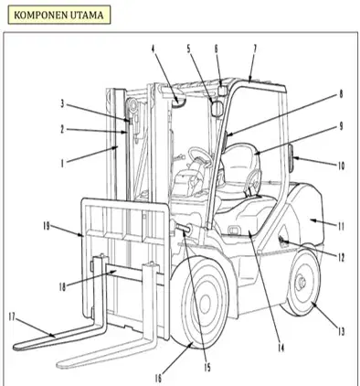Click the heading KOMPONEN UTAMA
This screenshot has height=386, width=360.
pyautogui.click(x=58, y=15)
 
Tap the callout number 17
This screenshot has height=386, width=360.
pyautogui.click(x=12, y=317)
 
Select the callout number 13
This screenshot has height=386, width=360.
pyautogui.click(x=341, y=331)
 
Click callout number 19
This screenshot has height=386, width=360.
pyautogui.click(x=46, y=227)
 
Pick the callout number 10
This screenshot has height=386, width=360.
pyautogui.click(x=341, y=166)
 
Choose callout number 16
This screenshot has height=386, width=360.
pyautogui.click(x=158, y=379)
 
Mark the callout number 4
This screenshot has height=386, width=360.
pyautogui.click(x=154, y=48)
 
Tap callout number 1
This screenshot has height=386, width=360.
pyautogui.click(x=62, y=164)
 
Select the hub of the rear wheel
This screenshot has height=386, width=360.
pyautogui.click(x=301, y=282)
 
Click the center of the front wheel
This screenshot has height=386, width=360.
pyautogui.click(x=205, y=304)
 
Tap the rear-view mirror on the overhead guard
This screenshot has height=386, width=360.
pyautogui.click(x=217, y=109)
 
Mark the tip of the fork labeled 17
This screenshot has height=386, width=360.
pyautogui.click(x=16, y=347)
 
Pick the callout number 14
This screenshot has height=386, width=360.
pyautogui.click(x=281, y=348)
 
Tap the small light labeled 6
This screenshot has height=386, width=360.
pyautogui.click(x=223, y=91)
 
